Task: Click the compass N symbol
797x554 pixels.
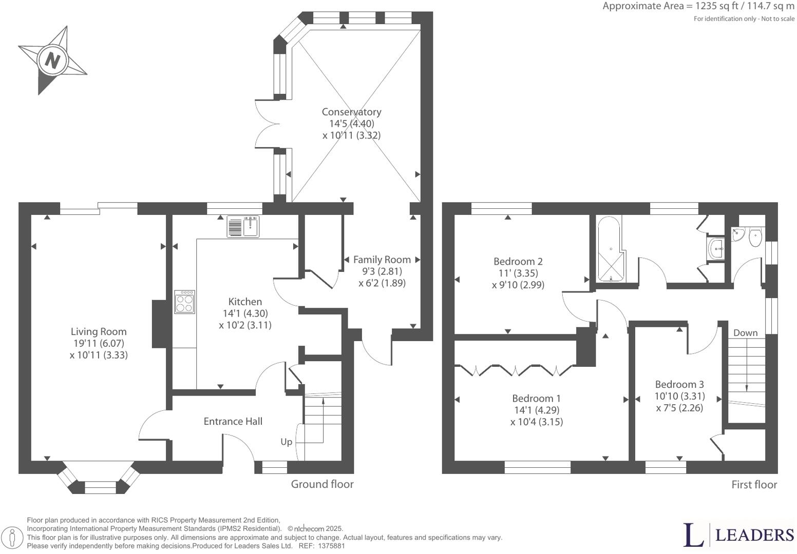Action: coord(52,61)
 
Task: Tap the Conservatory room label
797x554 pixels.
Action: coord(351,112)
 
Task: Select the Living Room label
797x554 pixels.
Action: coord(99,332)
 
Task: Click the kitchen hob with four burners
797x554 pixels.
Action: coord(185,302)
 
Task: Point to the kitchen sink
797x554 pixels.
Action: coord(244,226)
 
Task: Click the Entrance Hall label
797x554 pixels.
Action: coord(233,421)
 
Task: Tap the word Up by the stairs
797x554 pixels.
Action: coord(286,442)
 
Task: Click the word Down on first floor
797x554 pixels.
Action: coord(745,333)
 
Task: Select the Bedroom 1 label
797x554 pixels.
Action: coord(536,398)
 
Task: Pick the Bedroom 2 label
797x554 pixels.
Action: coord(518,261)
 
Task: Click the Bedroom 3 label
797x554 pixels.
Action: coord(679,384)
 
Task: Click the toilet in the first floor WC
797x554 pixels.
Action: coord(755,238)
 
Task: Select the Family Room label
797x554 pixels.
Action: coord(382,260)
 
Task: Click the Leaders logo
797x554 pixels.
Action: coord(738,535)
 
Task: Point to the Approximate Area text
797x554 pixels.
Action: coord(698,7)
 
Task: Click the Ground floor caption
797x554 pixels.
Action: coord(322,484)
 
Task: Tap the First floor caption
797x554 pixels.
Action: coord(754,485)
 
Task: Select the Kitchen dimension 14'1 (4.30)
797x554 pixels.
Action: coord(245,313)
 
